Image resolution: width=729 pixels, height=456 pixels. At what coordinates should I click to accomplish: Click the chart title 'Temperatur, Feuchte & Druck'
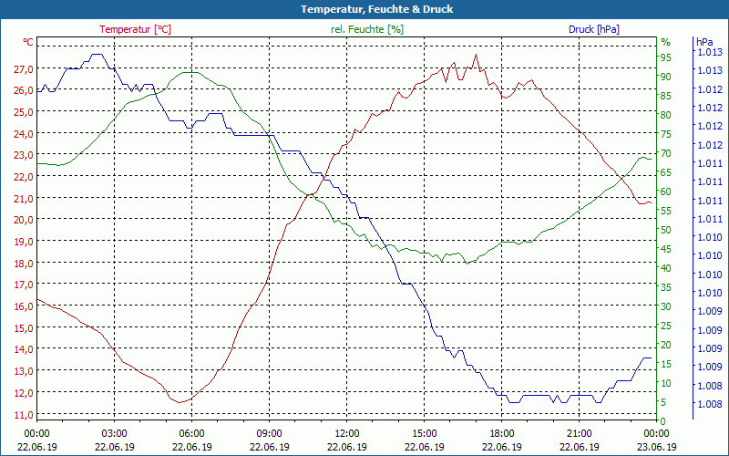[364, 9]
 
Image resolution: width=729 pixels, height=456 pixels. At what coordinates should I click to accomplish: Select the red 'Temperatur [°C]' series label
[135, 29]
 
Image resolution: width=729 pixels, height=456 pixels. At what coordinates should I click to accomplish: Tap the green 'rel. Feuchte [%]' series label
[367, 29]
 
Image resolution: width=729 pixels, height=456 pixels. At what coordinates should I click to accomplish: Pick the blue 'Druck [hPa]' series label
[593, 29]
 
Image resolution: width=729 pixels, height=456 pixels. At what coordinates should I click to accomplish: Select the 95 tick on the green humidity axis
[666, 57]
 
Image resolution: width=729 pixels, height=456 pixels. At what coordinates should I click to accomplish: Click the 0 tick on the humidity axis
[663, 421]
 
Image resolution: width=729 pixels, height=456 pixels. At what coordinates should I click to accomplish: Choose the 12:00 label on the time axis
[347, 433]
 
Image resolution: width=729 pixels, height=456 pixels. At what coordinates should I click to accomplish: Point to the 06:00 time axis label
[192, 433]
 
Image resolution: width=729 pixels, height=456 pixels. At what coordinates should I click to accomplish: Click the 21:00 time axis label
[580, 433]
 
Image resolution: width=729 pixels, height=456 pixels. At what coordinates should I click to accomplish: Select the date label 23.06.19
[657, 447]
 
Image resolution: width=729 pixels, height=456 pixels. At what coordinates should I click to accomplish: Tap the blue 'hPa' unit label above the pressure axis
[703, 42]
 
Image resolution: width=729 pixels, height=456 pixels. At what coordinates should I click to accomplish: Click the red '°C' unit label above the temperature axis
[28, 42]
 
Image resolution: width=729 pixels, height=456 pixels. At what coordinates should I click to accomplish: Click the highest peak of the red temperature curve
[475, 56]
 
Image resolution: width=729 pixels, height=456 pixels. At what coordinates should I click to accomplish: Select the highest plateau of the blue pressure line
[97, 55]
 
